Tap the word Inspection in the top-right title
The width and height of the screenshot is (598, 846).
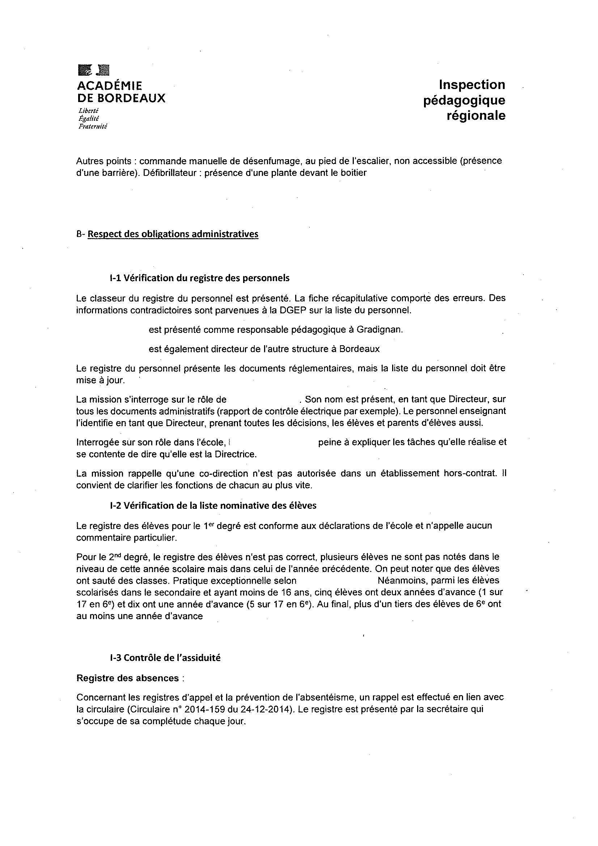472,85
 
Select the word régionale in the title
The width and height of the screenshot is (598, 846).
476,116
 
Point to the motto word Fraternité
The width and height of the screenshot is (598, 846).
93,126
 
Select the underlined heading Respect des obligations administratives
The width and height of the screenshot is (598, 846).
173,234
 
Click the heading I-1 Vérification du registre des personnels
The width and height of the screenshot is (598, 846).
199,278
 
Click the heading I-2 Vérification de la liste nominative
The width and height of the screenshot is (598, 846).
213,506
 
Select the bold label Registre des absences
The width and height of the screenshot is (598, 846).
127,678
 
